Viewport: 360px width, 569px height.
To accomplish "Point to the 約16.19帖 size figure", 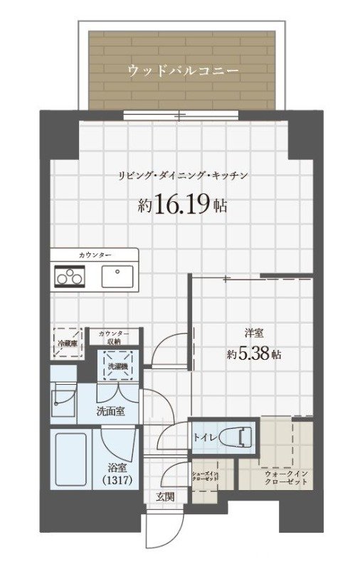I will (x=182, y=206).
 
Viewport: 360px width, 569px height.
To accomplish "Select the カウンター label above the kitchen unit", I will (x=95, y=255).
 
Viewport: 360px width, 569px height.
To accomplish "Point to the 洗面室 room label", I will (x=112, y=412).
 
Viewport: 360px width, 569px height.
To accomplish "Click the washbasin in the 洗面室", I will (x=64, y=398).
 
